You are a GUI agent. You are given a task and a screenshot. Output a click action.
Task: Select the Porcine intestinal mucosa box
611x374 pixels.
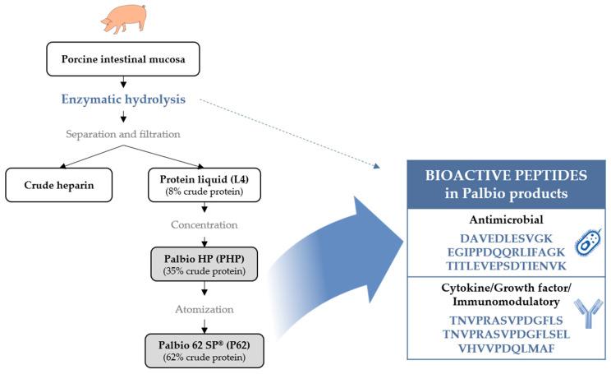(122, 60)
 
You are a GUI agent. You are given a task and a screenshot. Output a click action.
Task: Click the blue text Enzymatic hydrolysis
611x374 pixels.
(122, 99)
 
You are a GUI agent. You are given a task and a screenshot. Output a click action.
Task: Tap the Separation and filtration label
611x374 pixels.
(122, 133)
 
